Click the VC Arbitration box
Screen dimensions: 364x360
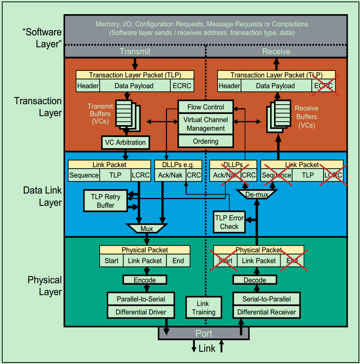[125, 143]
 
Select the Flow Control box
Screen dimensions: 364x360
[206, 107]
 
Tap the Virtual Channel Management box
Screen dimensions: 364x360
[206, 124]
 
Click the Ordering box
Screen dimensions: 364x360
[206, 141]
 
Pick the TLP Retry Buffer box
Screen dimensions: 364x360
[106, 201]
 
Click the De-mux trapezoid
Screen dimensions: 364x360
[257, 194]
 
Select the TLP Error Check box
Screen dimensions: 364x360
[229, 222]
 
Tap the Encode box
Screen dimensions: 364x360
[145, 280]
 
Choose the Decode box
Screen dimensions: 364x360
[255, 280]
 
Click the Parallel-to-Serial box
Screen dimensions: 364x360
[141, 299]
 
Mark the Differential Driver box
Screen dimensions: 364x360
[141, 312]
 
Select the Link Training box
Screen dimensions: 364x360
[203, 308]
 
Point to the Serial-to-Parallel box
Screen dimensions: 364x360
[267, 299]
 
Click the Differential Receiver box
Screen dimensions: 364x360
[267, 312]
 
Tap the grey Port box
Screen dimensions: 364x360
[204, 333]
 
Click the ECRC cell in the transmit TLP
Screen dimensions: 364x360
[182, 86]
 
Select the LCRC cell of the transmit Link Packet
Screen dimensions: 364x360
[141, 175]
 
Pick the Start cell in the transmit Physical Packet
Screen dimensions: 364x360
[111, 261]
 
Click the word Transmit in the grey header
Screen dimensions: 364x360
[135, 51]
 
